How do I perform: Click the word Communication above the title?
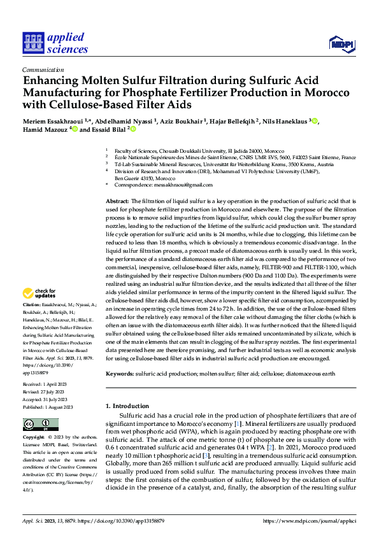point(39,71)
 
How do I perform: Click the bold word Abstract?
point(117,201)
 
